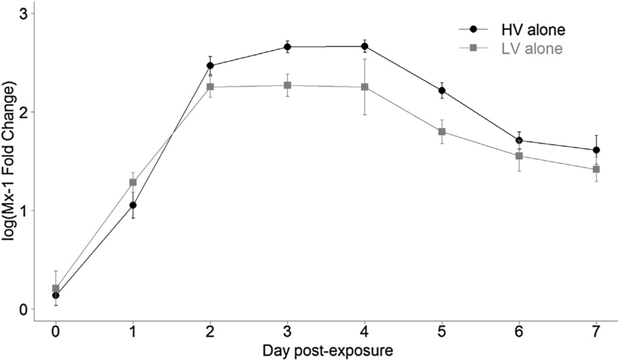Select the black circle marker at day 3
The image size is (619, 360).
tap(287, 47)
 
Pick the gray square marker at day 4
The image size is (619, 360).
tap(365, 87)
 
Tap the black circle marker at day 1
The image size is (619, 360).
tap(133, 205)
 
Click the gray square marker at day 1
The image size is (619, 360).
tap(133, 182)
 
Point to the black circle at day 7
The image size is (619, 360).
tap(597, 150)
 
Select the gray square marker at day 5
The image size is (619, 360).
tap(442, 131)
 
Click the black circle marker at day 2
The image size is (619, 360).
tap(210, 65)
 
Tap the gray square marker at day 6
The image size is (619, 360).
tap(519, 156)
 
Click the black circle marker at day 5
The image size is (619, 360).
tap(442, 90)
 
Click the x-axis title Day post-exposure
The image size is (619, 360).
tap(326, 350)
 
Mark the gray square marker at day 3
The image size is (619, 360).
tap(287, 85)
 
